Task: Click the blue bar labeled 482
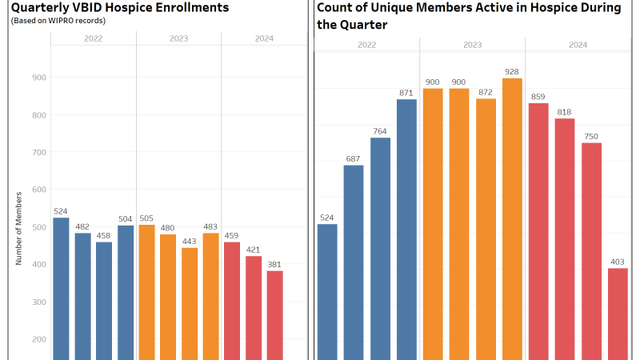point(82,296)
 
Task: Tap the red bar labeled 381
point(274,315)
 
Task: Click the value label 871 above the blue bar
point(406,93)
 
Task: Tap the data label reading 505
point(146,218)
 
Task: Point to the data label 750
point(591,136)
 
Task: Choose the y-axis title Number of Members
point(18,229)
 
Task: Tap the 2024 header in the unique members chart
point(578,45)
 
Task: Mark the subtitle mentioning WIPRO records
point(58,20)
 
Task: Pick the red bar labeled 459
point(232,301)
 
